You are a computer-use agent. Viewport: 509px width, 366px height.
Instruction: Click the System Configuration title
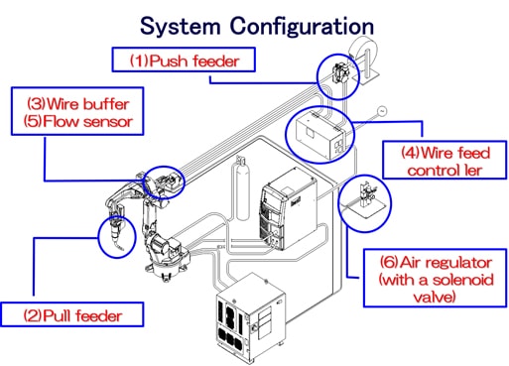coord(257,27)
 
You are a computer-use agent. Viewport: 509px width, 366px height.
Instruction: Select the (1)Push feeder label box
coord(184,60)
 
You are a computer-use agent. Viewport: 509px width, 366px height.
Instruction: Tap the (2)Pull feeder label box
coord(72,314)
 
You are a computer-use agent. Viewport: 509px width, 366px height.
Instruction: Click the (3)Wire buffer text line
coord(78,104)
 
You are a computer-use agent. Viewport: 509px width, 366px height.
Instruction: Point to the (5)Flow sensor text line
coord(78,121)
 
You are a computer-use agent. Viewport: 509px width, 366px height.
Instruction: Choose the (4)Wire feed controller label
coord(445,162)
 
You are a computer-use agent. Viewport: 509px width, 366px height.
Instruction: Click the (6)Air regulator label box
coord(436,279)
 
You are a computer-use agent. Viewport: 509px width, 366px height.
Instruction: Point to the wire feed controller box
coord(320,135)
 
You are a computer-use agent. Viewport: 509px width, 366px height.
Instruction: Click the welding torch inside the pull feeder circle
coord(116,233)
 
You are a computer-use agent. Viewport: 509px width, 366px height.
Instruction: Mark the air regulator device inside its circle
coord(366,196)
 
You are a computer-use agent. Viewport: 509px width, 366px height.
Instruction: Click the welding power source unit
coord(288,209)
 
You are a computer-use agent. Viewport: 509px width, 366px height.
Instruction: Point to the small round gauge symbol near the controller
coord(382,111)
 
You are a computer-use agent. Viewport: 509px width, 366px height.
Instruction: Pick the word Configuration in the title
coord(302,27)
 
